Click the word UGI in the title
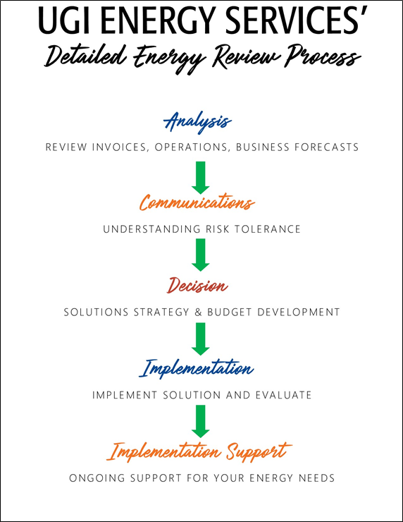pyautogui.click(x=64, y=20)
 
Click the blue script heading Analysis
pyautogui.click(x=197, y=122)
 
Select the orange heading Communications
pyautogui.click(x=197, y=202)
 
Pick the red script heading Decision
pyautogui.click(x=197, y=285)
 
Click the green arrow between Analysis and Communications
pyautogui.click(x=201, y=178)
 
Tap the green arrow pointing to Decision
pyautogui.click(x=201, y=255)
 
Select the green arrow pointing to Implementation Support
pyautogui.click(x=201, y=421)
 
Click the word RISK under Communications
pyautogui.click(x=218, y=229)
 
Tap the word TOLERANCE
pyautogui.click(x=267, y=229)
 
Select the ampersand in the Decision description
pyautogui.click(x=198, y=312)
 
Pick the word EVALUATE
pyautogui.click(x=283, y=395)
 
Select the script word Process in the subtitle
pyautogui.click(x=323, y=56)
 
